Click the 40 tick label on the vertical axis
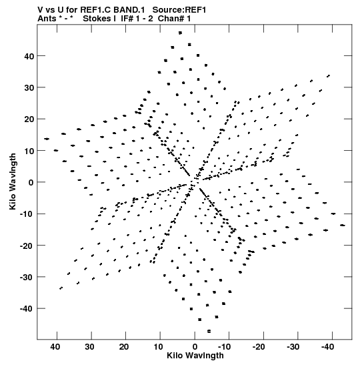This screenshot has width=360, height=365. coord(29,56)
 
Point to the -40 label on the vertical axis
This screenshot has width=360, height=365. coord(27,309)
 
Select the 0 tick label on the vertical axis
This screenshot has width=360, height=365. coord(31,183)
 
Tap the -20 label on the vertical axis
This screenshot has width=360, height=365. coord(27,246)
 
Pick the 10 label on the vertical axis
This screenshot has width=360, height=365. coord(29,151)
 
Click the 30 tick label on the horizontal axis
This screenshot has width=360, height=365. coord(89,347)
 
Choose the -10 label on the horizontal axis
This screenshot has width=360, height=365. coord(224,347)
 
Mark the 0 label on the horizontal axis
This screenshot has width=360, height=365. coord(195,347)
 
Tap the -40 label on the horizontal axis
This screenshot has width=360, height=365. coord(327,347)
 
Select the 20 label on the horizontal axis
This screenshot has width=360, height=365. coord(124,347)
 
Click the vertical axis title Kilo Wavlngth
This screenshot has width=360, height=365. coord(13,181)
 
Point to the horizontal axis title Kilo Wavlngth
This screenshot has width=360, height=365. coord(195,356)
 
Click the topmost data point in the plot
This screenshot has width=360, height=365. coord(180,33)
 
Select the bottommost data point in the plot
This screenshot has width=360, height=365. coord(209,331)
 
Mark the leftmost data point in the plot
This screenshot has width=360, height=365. coord(47,139)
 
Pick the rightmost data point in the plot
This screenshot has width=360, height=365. coord(343,225)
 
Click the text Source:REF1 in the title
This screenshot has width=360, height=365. coord(179,10)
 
